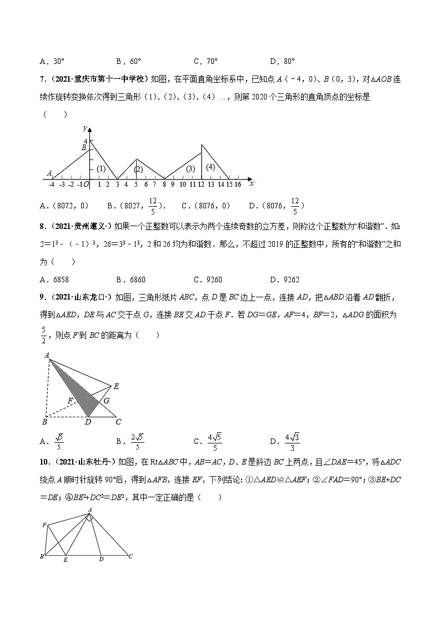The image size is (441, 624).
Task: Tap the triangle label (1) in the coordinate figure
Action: (101, 169)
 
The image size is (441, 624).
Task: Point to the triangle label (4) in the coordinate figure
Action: (210, 167)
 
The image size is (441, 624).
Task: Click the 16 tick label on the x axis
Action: (238, 184)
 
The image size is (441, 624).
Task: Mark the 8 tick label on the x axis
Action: (164, 184)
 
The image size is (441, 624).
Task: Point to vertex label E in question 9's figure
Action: (116, 386)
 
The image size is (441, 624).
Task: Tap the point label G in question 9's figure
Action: (106, 400)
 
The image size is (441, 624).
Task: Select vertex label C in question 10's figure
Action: (130, 556)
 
